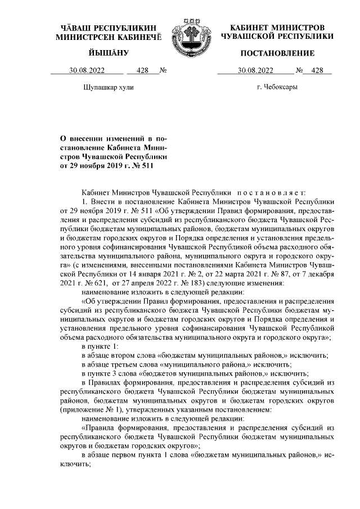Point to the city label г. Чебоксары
coord(277,87)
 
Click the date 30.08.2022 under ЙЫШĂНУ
coord(87,71)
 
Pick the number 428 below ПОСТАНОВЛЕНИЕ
coord(317,71)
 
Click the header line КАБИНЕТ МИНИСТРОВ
coord(277,28)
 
